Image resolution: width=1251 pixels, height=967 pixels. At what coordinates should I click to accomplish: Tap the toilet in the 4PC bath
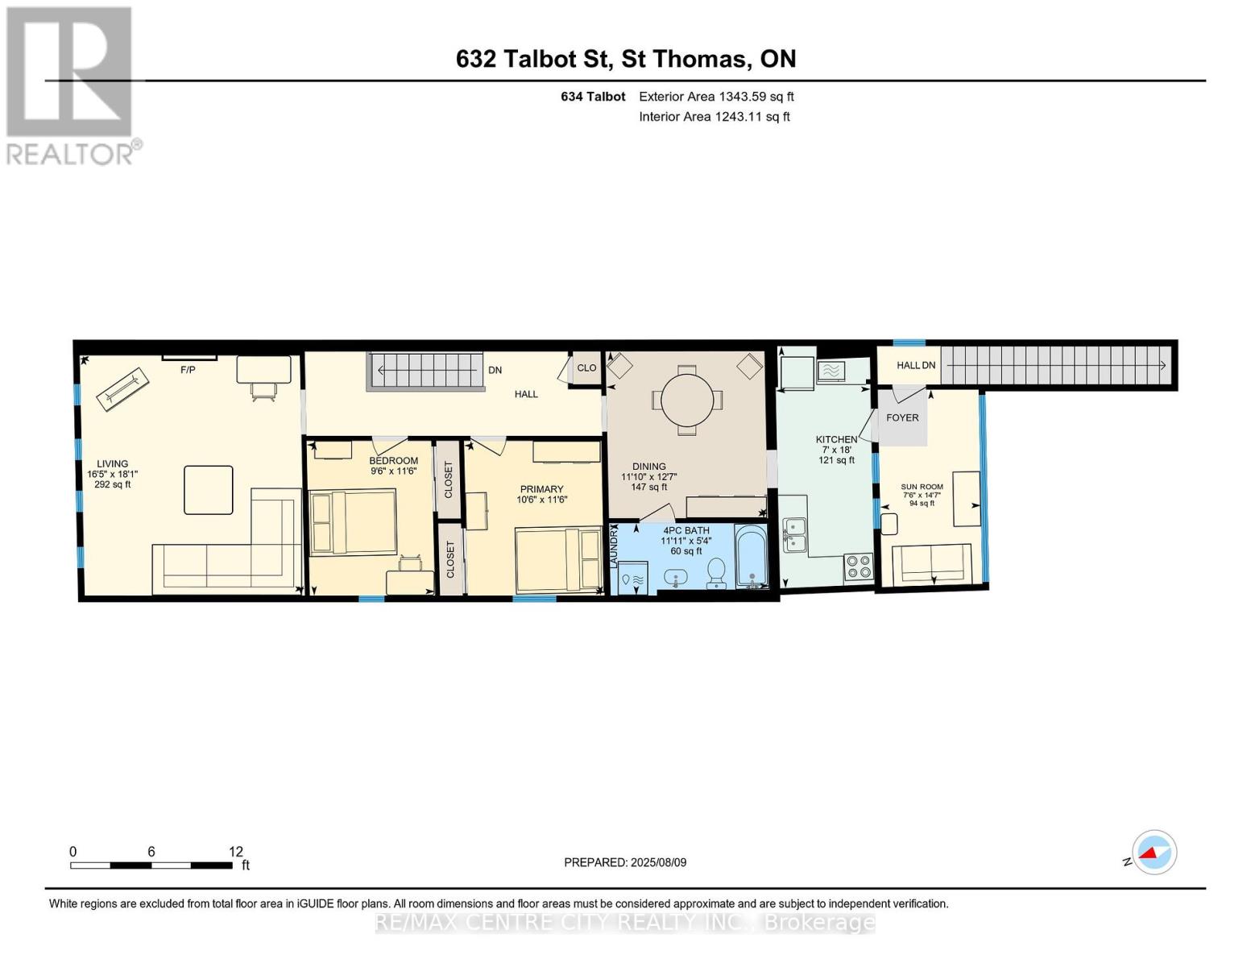(x=716, y=572)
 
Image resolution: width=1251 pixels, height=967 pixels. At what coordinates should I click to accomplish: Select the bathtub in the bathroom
(x=752, y=556)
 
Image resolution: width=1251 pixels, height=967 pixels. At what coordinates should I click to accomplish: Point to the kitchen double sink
(x=795, y=535)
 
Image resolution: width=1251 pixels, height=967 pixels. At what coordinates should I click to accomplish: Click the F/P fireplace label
(x=188, y=370)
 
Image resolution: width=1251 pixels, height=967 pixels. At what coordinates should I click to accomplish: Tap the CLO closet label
(x=586, y=368)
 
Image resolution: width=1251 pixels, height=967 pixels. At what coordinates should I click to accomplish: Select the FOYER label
(x=902, y=417)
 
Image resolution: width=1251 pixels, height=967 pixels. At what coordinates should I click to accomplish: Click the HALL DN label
(x=916, y=365)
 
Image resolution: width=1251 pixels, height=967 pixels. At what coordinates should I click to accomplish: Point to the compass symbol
(x=1154, y=853)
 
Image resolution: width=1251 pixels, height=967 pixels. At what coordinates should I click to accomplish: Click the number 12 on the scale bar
(x=236, y=851)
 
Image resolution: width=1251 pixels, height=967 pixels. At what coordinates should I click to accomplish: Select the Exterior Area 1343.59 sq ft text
(x=716, y=97)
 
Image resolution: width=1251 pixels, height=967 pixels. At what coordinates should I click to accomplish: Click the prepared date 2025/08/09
(x=658, y=862)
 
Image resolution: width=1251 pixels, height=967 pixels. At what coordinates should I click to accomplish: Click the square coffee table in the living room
(x=209, y=490)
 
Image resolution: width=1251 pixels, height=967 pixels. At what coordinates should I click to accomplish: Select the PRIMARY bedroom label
(x=542, y=489)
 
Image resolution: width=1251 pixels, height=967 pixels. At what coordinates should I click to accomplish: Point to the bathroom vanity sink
(x=675, y=577)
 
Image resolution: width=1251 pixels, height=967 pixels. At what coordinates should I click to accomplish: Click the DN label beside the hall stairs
(x=495, y=370)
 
